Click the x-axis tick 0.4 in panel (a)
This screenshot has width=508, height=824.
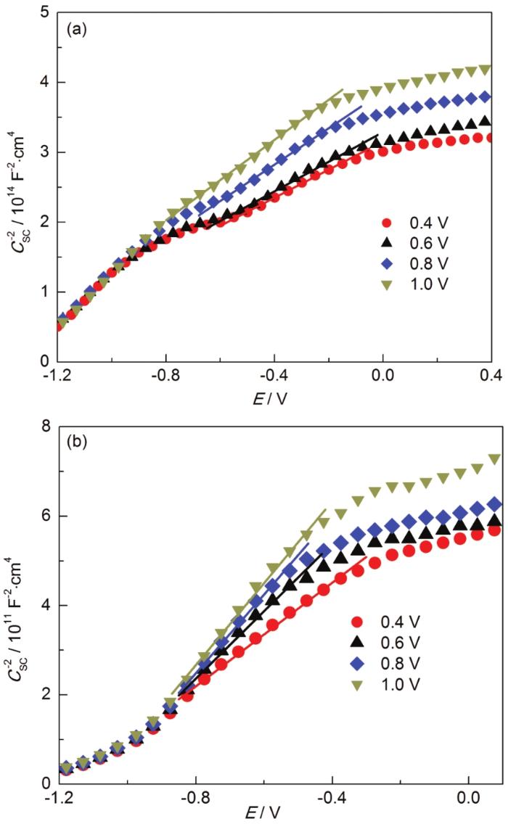(491, 376)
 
